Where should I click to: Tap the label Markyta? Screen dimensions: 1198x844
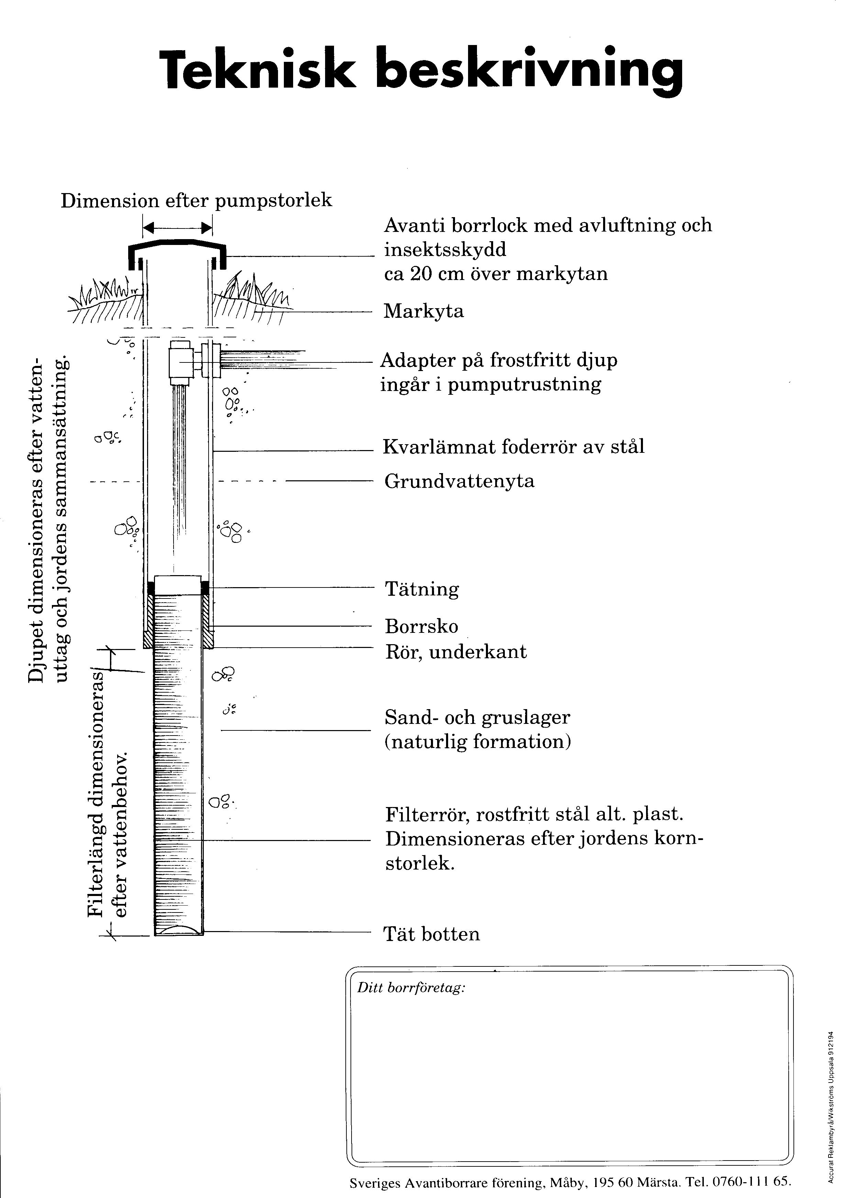(x=423, y=312)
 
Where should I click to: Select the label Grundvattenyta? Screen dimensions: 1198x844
(x=459, y=481)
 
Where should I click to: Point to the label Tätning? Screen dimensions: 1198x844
(x=422, y=589)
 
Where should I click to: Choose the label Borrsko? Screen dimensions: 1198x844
(x=421, y=626)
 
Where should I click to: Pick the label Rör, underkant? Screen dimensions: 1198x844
(x=456, y=652)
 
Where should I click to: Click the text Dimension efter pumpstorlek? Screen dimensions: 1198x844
(x=196, y=201)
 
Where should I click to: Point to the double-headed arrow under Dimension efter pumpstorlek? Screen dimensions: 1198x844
(x=177, y=227)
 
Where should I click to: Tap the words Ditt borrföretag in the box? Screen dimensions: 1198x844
(x=411, y=988)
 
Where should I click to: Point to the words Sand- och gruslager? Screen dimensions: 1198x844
(x=477, y=717)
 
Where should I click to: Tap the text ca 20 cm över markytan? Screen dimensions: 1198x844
(x=496, y=274)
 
